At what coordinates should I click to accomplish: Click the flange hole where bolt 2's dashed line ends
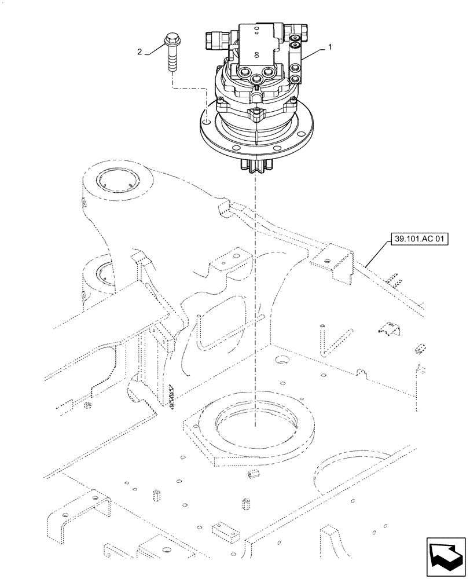coord(205,122)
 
